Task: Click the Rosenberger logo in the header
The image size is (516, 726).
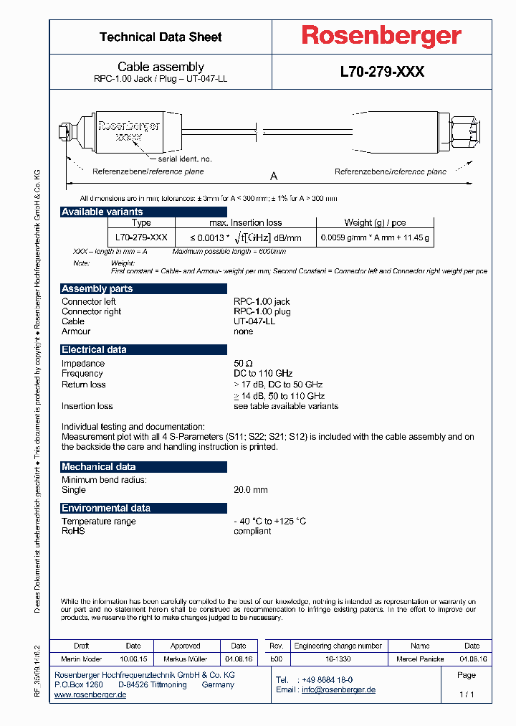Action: [x=381, y=37]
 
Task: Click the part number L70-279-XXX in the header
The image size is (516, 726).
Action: [x=381, y=72]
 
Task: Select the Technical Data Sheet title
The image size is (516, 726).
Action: [x=161, y=37]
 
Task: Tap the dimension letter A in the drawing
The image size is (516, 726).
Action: [x=273, y=176]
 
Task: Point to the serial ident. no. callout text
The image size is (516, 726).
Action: [x=185, y=159]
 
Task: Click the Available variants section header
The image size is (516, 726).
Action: [x=102, y=212]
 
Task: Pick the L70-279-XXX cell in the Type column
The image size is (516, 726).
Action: [x=141, y=237]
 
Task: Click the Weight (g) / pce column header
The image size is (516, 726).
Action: [x=374, y=222]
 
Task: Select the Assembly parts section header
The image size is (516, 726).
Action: [x=97, y=288]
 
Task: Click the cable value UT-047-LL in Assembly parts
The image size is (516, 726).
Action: [x=254, y=321]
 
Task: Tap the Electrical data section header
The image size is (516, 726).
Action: [x=94, y=349]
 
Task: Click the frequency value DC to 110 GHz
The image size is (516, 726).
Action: [x=263, y=374]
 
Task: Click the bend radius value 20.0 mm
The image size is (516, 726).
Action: [x=250, y=490]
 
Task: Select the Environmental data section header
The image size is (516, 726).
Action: [x=106, y=508]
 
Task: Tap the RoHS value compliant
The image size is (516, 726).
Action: [x=252, y=531]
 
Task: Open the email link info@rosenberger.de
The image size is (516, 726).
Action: [x=338, y=690]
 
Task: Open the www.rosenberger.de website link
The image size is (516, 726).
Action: [x=90, y=695]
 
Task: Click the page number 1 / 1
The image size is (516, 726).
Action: [x=466, y=695]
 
